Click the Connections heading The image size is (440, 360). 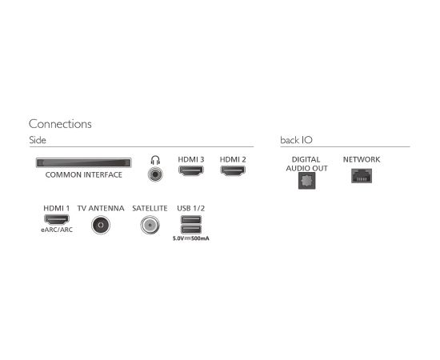[x=60, y=124]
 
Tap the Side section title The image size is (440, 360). [x=38, y=140]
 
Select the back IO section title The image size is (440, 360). [x=296, y=140]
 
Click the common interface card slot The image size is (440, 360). [x=84, y=162]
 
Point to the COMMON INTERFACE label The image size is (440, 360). [x=84, y=175]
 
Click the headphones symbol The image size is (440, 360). [x=155, y=160]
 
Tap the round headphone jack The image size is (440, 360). [x=155, y=174]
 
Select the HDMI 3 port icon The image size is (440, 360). [x=191, y=170]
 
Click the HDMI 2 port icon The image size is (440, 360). [x=233, y=170]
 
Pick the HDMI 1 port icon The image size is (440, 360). [x=57, y=219]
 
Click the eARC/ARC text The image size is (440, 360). [x=57, y=230]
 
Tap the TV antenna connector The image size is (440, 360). [x=101, y=225]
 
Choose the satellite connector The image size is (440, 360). [x=150, y=225]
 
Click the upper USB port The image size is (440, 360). [x=191, y=220]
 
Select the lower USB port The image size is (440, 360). [x=191, y=230]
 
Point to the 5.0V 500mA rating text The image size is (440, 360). [x=191, y=238]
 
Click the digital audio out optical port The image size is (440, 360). [x=306, y=181]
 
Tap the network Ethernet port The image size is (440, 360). [x=362, y=176]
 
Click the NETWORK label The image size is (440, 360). [x=362, y=160]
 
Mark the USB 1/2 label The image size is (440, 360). [x=191, y=209]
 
